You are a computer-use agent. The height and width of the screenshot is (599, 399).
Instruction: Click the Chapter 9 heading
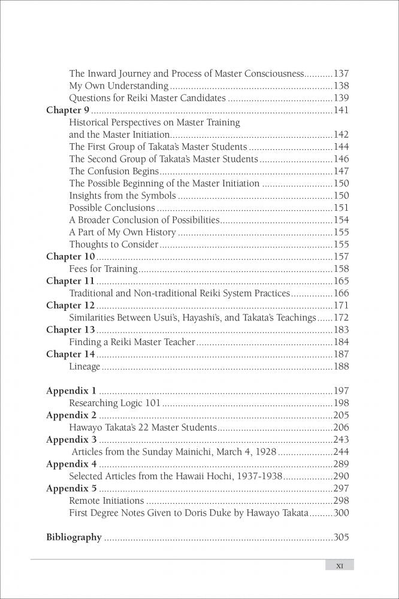coord(68,110)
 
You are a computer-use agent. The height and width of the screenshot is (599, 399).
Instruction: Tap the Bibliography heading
coord(74,537)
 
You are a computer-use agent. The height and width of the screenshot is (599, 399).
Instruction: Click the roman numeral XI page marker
coord(339,565)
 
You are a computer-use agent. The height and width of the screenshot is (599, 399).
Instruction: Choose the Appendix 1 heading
coord(71,391)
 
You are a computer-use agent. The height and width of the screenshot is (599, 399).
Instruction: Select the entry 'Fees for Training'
coord(103,269)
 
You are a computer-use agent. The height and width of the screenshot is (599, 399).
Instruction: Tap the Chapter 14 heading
coord(71,355)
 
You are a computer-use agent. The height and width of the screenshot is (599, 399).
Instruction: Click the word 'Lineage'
coord(84,367)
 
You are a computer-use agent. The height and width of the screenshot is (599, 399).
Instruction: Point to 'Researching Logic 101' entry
coord(114,403)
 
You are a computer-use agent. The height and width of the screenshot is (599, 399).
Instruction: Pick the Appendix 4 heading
coord(71,464)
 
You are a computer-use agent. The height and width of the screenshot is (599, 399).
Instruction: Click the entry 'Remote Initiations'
coord(106,501)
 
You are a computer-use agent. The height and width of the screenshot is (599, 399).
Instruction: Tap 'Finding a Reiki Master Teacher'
coord(132,342)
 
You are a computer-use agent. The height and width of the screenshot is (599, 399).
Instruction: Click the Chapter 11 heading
coord(70,281)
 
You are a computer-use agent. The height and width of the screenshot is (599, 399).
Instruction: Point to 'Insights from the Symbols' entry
coord(122,196)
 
